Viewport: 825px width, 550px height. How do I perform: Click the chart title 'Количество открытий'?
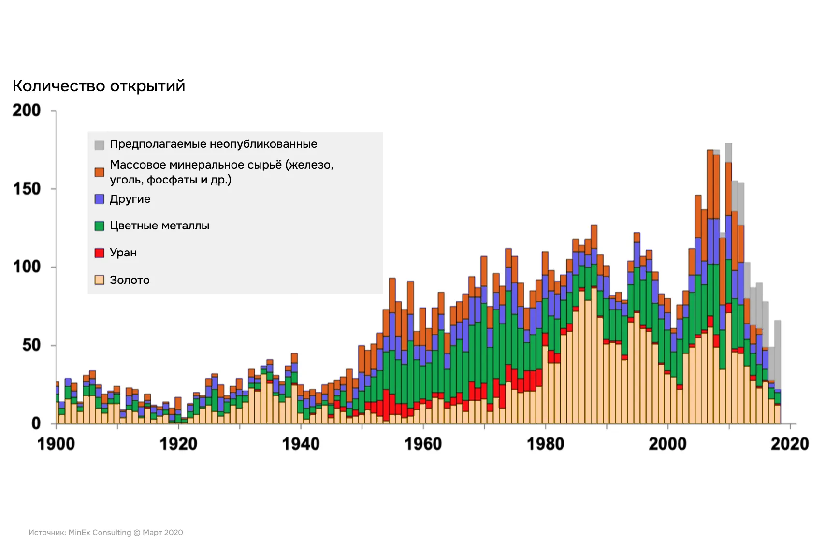[x=99, y=86]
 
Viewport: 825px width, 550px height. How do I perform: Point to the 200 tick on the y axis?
[x=27, y=111]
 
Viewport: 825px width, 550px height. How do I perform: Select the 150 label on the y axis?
[x=27, y=189]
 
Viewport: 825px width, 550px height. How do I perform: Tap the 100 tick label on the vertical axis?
[x=27, y=267]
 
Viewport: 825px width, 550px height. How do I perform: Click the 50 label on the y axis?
[x=31, y=345]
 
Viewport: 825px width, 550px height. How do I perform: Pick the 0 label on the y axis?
[x=36, y=423]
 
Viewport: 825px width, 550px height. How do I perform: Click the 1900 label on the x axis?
[x=56, y=444]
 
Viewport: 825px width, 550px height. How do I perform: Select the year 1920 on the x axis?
[x=178, y=444]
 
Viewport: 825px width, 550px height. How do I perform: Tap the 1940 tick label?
[x=301, y=444]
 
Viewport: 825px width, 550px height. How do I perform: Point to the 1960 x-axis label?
[x=423, y=444]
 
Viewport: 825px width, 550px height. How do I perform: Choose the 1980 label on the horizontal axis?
[x=545, y=444]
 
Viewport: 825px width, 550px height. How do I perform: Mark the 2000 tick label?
[x=667, y=444]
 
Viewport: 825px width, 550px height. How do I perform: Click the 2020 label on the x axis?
[x=790, y=444]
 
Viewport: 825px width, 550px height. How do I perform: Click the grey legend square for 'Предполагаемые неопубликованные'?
[x=100, y=145]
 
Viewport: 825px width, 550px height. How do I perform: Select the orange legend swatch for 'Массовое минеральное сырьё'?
[x=100, y=172]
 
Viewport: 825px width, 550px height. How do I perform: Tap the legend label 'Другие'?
[x=130, y=199]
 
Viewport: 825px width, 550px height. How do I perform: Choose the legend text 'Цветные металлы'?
[x=159, y=226]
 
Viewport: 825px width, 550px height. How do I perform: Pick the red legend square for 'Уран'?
[x=100, y=253]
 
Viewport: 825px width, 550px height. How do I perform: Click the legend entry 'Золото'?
[x=130, y=281]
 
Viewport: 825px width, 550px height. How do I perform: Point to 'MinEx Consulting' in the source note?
[x=100, y=533]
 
